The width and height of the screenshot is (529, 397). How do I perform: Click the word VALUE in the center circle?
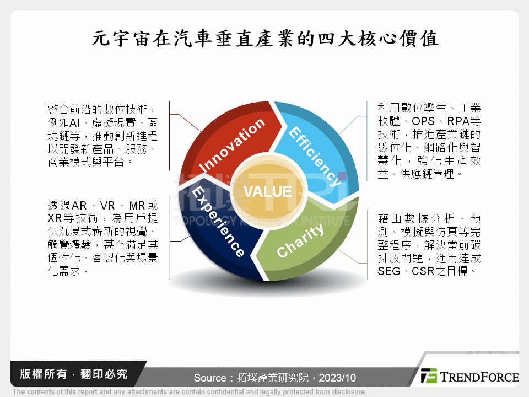tap(268, 192)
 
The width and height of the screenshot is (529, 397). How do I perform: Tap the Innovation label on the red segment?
tap(232, 145)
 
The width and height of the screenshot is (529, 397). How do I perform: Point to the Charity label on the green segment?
tap(300, 241)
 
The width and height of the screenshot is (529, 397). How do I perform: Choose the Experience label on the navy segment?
tap(218, 221)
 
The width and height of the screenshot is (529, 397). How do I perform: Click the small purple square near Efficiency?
tap(342, 176)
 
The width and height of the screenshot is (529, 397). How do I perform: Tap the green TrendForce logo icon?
tap(429, 376)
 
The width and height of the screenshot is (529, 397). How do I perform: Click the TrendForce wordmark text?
tap(479, 377)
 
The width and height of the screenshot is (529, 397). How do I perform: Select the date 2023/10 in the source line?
tap(337, 378)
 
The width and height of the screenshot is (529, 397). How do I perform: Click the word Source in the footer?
tap(210, 378)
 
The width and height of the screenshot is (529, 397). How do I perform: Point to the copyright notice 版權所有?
tap(43, 374)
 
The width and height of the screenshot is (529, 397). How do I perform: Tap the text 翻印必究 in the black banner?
tap(104, 374)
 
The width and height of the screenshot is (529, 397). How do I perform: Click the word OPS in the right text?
tap(423, 121)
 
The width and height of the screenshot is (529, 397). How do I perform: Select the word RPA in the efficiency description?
tap(458, 121)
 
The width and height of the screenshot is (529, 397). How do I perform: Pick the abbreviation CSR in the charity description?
tap(423, 271)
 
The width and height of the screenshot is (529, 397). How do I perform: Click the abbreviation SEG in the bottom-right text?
tap(389, 271)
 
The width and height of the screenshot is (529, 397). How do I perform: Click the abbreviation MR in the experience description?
tap(137, 206)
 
